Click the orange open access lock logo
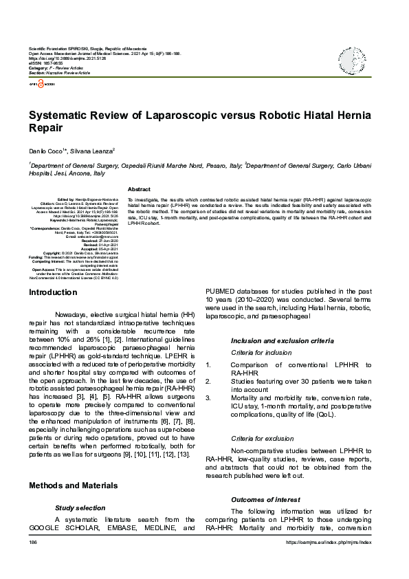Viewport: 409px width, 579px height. pos(41,83)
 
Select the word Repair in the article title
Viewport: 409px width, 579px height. pos(45,128)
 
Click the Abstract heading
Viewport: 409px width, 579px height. pos(139,189)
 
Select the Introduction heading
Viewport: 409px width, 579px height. pos(52,293)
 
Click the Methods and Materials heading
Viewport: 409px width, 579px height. pos(73,485)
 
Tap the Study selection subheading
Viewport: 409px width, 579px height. pos(80,507)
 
